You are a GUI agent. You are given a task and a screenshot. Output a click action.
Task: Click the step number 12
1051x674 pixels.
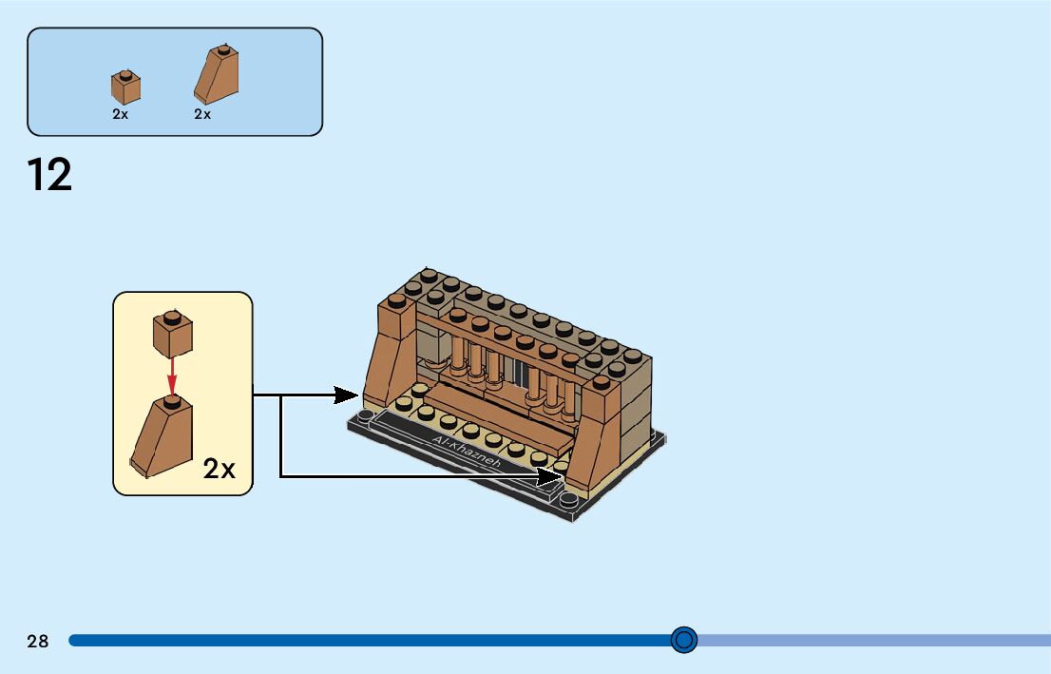point(49,176)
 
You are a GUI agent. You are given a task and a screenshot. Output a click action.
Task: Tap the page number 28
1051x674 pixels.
point(38,641)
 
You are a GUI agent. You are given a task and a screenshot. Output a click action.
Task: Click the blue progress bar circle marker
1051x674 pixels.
point(683,640)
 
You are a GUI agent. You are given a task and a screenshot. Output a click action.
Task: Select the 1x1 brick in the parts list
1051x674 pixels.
point(125,87)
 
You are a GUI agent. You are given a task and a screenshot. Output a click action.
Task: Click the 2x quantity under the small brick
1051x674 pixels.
point(121,114)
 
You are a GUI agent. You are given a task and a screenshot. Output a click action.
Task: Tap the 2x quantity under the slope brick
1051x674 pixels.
point(202,114)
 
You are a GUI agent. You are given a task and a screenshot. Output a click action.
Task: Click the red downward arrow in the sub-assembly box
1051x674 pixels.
point(172,376)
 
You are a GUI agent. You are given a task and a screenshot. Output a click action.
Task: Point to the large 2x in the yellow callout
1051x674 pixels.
point(219,469)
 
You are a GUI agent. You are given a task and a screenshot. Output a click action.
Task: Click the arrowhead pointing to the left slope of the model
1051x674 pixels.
point(352,394)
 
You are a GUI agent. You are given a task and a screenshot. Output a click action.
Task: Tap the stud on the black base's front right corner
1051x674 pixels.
point(568,500)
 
